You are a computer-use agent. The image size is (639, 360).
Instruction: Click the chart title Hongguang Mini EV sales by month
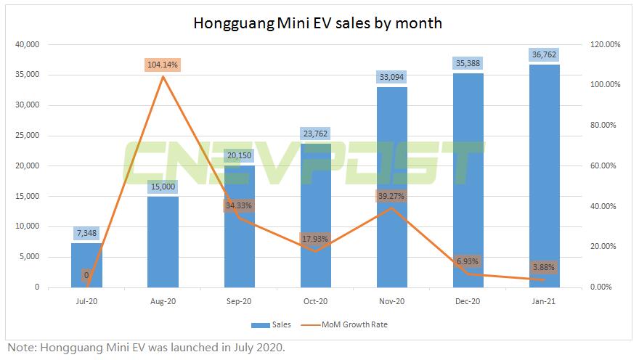[317, 23]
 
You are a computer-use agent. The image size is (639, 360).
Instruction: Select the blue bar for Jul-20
[86, 265]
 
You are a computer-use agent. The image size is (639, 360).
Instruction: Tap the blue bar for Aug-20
[163, 242]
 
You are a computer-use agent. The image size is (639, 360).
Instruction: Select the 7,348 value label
[86, 232]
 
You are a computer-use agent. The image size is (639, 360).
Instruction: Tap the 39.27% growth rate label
[391, 195]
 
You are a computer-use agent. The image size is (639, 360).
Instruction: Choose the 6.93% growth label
[468, 261]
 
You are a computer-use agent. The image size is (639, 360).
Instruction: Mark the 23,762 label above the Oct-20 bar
[315, 133]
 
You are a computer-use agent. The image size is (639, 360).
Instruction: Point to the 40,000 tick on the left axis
[26, 44]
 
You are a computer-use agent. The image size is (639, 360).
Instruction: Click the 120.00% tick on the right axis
[603, 44]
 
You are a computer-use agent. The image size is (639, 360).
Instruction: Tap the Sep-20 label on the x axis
[239, 300]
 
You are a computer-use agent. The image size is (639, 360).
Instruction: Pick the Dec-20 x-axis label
[468, 300]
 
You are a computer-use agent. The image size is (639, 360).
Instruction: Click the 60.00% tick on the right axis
[602, 165]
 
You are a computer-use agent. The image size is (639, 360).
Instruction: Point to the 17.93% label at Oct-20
[315, 239]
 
